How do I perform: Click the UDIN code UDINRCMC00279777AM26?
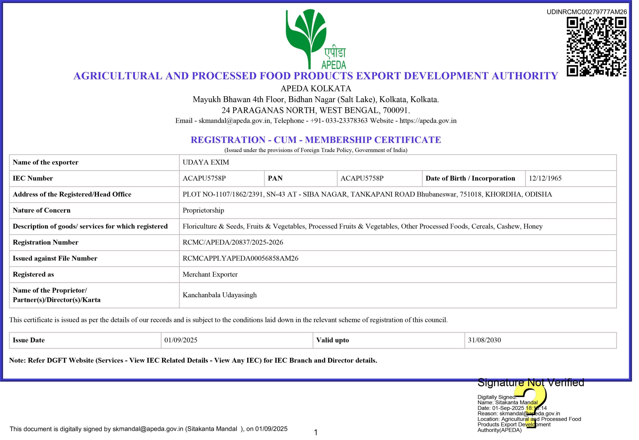tap(587, 12)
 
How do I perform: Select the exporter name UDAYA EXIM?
tap(206, 162)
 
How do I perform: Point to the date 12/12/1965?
tap(545, 178)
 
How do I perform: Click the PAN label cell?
tap(275, 178)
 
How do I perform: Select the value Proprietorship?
tap(203, 210)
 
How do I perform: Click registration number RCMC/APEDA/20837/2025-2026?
tap(233, 242)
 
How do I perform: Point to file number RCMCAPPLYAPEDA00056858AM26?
tap(240, 258)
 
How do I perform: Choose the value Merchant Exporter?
tap(210, 274)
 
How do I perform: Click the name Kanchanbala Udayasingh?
tap(219, 295)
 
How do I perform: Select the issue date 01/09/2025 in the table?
tap(181, 340)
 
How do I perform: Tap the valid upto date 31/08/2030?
tap(484, 340)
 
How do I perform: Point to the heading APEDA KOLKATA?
tap(316, 89)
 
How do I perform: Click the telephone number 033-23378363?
tap(346, 121)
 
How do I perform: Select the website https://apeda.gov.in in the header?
tap(428, 121)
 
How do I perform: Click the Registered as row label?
tap(33, 274)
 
